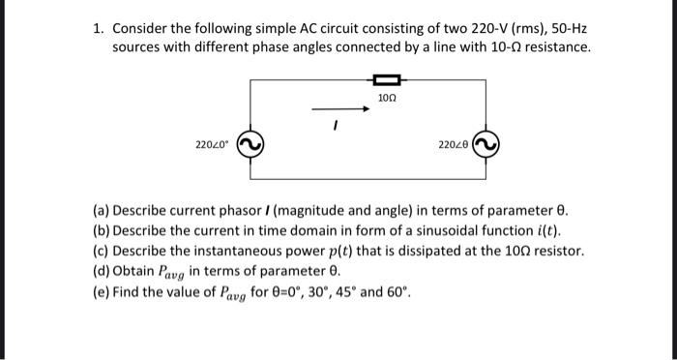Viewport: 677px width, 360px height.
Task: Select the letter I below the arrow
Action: pos(334,125)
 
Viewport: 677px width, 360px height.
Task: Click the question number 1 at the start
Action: pos(99,28)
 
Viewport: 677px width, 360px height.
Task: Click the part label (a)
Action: pos(102,210)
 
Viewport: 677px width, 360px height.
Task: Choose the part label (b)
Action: pos(102,230)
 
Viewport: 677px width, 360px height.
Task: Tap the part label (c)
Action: pos(102,251)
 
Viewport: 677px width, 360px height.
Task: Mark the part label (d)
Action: pos(102,270)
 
